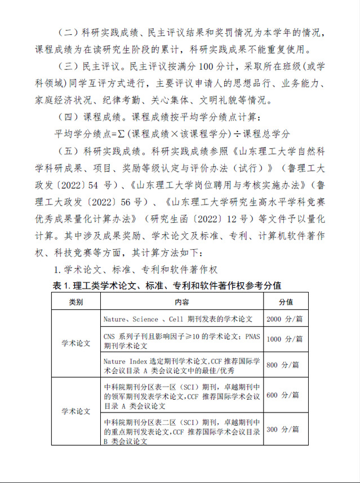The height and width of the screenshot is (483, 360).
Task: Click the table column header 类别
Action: pyautogui.click(x=76, y=302)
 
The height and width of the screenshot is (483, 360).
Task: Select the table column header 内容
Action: pyautogui.click(x=182, y=302)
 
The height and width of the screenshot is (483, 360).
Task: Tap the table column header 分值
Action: pyautogui.click(x=286, y=302)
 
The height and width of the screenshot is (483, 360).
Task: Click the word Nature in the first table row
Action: pyautogui.click(x=115, y=319)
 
